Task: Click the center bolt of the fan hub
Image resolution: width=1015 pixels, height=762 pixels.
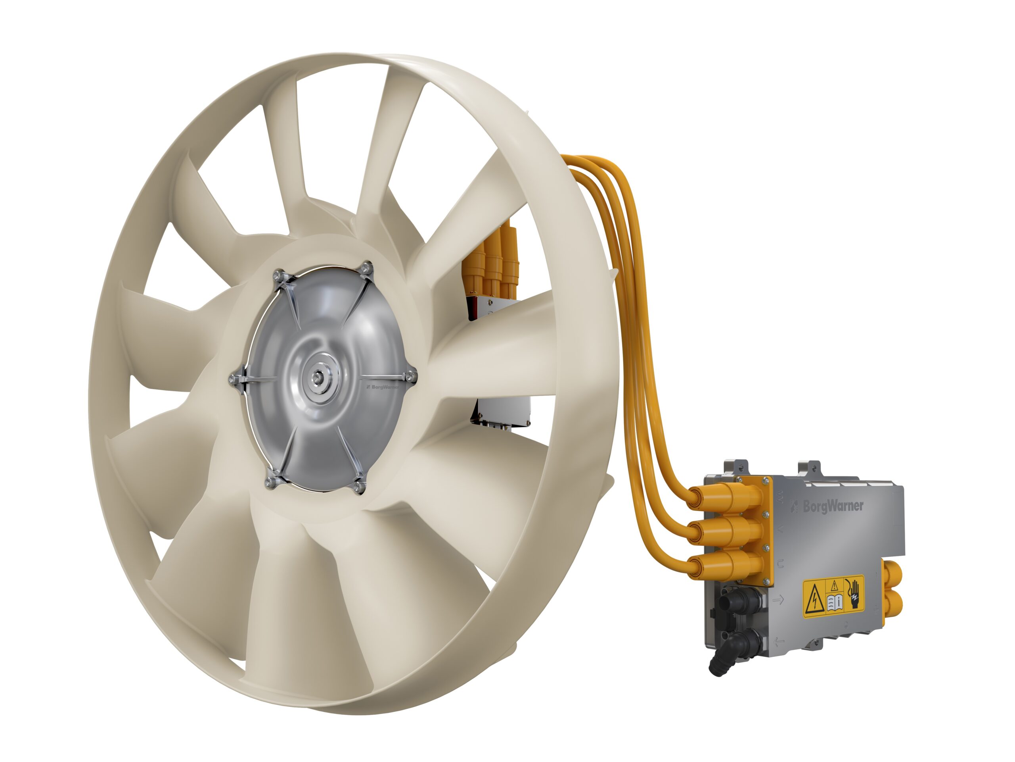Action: (x=317, y=377)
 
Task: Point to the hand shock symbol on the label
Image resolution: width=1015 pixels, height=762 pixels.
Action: (x=854, y=596)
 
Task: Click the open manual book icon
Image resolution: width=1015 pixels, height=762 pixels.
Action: (x=835, y=602)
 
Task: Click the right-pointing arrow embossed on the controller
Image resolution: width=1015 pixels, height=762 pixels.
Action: (x=779, y=599)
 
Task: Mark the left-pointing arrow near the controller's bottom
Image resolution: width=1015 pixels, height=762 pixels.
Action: (x=779, y=641)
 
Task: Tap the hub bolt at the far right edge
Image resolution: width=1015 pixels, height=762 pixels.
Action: (x=412, y=377)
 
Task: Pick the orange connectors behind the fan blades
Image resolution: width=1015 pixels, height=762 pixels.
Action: (x=493, y=264)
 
